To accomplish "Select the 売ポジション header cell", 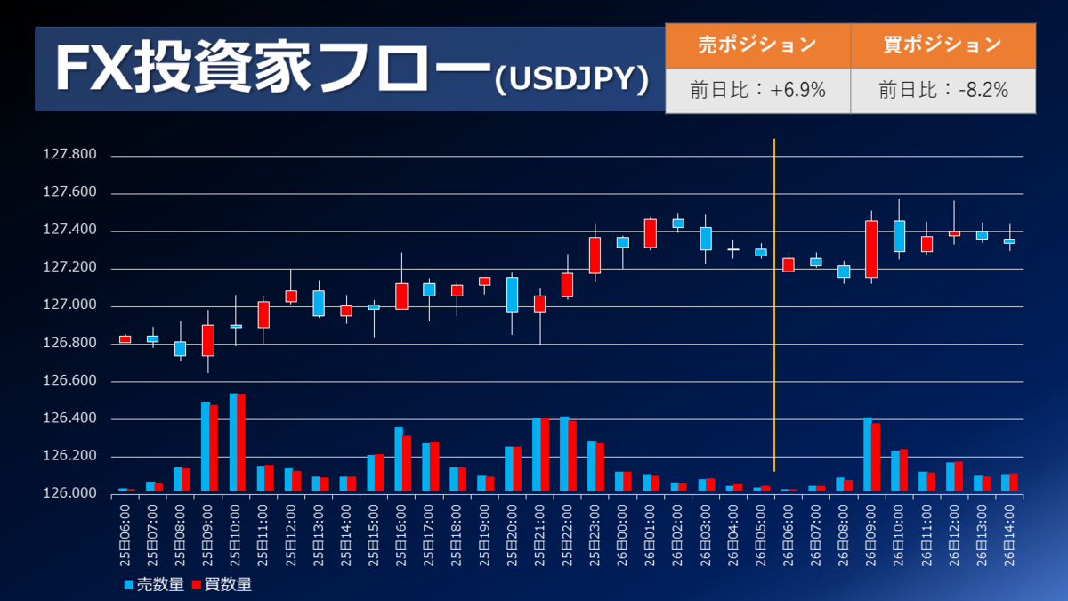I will [757, 45].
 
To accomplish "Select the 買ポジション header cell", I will [943, 45].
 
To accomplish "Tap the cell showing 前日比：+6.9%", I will [757, 90].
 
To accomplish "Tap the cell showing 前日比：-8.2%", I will [943, 90].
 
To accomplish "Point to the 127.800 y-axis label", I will [70, 156].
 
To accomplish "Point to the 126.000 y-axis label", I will [70, 494].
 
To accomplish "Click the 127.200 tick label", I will [70, 269].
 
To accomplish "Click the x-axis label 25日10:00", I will [236, 533].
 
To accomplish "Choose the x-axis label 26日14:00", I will [1009, 533].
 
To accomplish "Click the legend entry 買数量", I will [222, 585].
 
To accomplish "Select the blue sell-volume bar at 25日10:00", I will [233, 442].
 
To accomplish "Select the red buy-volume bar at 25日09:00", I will [214, 448].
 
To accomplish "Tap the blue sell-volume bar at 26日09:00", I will [867, 454].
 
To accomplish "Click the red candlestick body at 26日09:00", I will [871, 248].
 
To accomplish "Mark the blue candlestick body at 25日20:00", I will [512, 295].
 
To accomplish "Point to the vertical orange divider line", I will [774, 303].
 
